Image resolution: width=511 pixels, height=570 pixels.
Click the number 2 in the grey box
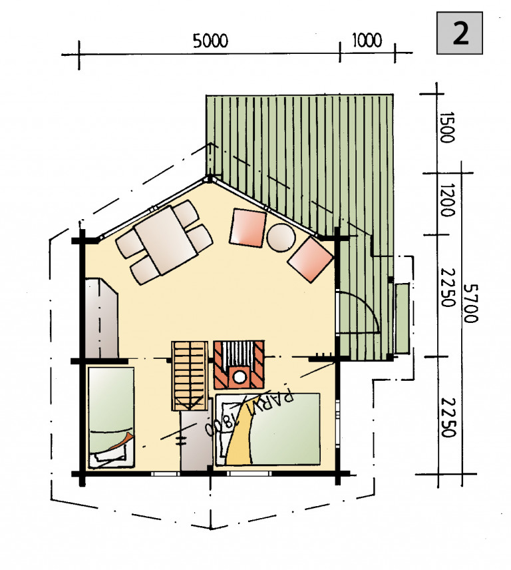[460, 33]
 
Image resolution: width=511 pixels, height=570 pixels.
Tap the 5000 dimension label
[210, 41]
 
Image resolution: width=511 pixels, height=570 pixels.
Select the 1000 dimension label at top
[367, 40]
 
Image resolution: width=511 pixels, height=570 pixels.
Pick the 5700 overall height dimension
[470, 304]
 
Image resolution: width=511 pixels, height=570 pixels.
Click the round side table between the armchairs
[281, 237]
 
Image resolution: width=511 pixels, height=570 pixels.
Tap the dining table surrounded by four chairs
[165, 240]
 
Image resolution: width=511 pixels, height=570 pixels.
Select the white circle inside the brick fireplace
[240, 377]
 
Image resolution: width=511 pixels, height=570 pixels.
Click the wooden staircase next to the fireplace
[189, 376]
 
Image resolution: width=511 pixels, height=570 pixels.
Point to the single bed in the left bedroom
[111, 418]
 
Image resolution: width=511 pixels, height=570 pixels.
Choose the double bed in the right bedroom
[268, 429]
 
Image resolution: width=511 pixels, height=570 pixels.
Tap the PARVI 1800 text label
[249, 410]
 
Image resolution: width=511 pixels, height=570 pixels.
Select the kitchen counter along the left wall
[101, 318]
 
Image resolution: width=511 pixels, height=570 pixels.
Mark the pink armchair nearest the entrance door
[311, 260]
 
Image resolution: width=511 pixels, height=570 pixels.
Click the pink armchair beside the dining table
[248, 228]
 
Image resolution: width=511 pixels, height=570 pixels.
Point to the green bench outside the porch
[402, 318]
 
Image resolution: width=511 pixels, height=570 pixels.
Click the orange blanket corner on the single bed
[122, 441]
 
